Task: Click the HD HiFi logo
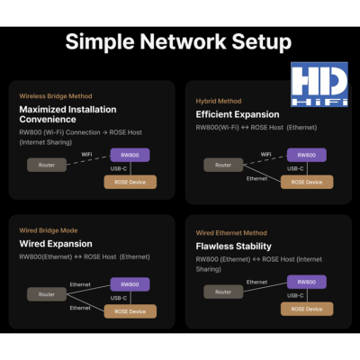pos(319,85)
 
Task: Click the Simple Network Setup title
pos(178,41)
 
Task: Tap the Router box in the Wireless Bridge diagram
pos(47,165)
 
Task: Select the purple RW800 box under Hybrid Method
pos(307,155)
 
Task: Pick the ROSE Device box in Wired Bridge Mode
pos(130,311)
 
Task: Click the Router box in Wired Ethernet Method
pos(223,292)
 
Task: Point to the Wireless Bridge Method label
pos(56,96)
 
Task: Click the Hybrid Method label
pos(219,101)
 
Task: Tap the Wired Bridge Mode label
pos(49,230)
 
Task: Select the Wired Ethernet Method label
pos(231,233)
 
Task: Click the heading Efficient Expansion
pos(238,114)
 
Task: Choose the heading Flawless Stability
pos(234,247)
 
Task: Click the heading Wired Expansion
pos(56,244)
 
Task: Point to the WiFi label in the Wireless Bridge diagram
pos(86,155)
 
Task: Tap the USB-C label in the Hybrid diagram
pos(295,169)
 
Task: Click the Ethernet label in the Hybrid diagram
pos(256,179)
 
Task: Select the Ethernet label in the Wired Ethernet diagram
pos(256,283)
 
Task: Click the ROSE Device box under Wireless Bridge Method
pos(130,182)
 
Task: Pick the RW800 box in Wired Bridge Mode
pos(130,284)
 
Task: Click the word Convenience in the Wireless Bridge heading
pos(48,120)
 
